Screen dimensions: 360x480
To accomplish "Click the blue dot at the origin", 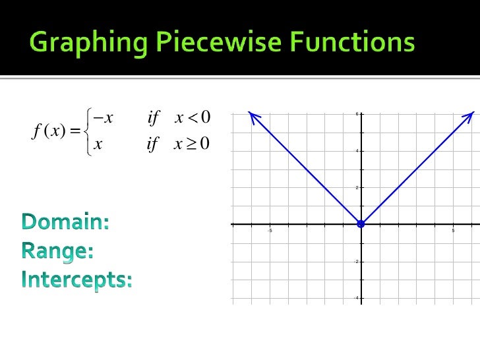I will tap(361, 224).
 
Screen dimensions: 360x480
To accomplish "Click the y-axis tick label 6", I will tap(357, 114).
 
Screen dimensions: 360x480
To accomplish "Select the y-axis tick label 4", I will tap(357, 151).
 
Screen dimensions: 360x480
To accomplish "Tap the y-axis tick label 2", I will tap(357, 188).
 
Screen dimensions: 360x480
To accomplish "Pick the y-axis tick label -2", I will tap(355, 262).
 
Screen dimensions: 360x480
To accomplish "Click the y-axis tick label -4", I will tap(355, 298).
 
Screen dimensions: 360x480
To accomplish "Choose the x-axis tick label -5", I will tap(269, 231).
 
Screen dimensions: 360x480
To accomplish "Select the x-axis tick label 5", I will tap(453, 231).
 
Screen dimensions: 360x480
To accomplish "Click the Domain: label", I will tap(65, 222).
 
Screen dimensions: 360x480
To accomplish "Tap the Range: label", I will tap(57, 251).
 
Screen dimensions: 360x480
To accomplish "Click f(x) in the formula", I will tap(47, 131).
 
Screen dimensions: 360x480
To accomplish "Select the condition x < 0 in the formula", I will tap(192, 118).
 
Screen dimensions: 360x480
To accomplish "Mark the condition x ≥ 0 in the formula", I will tap(192, 143).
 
